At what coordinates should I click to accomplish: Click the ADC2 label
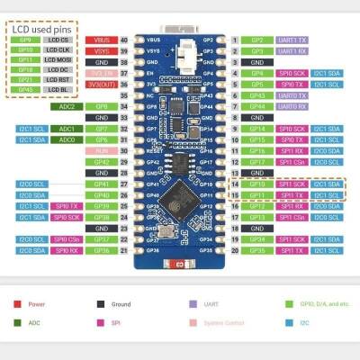(x=66, y=106)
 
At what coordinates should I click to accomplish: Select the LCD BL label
(x=58, y=89)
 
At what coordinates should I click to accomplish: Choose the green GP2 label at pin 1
(x=256, y=40)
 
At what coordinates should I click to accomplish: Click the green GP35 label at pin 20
(x=256, y=249)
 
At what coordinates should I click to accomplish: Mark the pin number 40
(x=123, y=40)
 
